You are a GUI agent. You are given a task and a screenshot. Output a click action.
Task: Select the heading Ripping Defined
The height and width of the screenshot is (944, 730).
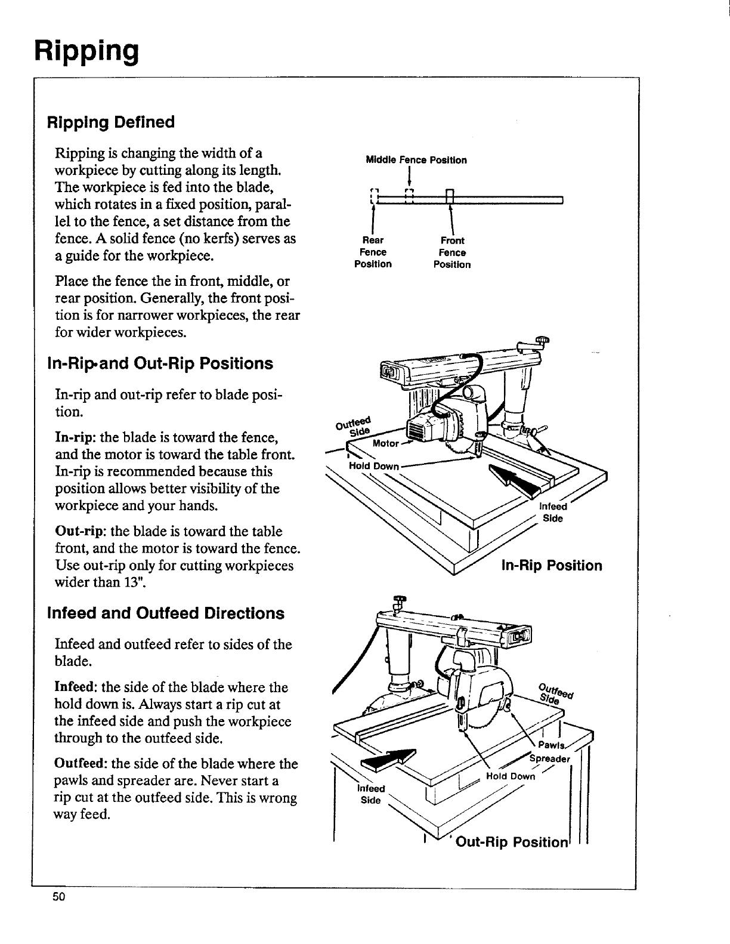tap(111, 122)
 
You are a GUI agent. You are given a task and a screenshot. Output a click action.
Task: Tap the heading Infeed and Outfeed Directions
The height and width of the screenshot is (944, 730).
tap(165, 613)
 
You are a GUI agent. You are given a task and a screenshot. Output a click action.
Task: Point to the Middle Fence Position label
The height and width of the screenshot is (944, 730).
tap(416, 160)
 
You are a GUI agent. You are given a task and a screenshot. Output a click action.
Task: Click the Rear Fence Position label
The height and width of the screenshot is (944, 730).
tap(373, 252)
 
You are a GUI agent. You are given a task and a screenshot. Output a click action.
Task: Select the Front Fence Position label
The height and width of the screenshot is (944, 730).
tap(452, 252)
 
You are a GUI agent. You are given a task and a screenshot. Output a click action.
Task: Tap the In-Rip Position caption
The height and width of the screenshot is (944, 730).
tap(551, 565)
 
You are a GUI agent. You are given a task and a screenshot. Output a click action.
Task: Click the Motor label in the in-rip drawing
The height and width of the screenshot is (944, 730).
tap(385, 443)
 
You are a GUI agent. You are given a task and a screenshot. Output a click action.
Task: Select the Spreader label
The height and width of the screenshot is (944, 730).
tap(551, 759)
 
